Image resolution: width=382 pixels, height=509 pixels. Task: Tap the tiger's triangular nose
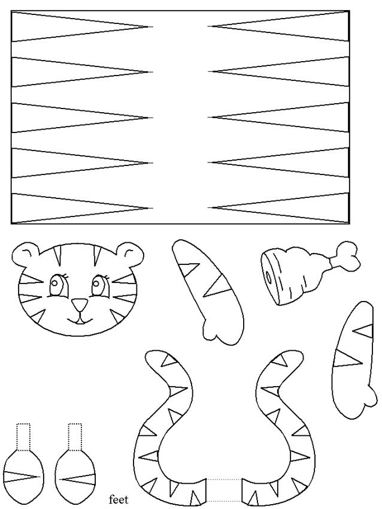point(80,305)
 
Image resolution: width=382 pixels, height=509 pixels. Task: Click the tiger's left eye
point(57,285)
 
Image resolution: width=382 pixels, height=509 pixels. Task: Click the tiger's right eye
point(101,285)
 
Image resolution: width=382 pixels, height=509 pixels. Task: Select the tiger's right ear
point(131,255)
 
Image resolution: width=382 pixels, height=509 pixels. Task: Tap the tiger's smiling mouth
point(80,320)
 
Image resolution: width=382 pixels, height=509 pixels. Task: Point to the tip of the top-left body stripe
point(153,26)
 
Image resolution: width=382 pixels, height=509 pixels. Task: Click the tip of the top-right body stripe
point(208,26)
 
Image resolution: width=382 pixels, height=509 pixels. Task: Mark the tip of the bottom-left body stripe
point(153,208)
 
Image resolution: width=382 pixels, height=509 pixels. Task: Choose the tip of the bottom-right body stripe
point(208,208)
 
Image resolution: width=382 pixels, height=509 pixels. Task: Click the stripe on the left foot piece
point(22,477)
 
